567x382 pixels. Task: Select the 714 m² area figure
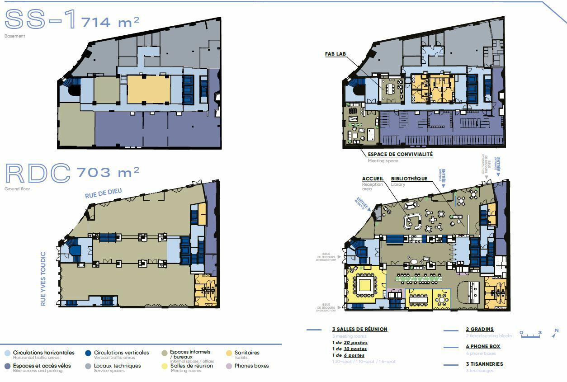tap(110, 21)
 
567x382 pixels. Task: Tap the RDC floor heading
tap(38, 172)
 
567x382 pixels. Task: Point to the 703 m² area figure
tap(108, 172)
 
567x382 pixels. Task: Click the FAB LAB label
tap(335, 54)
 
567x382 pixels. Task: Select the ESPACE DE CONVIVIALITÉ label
tap(400, 154)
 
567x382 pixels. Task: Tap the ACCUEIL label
tap(373, 179)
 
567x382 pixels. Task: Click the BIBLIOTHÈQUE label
tap(409, 179)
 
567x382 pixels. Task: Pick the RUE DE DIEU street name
tap(103, 193)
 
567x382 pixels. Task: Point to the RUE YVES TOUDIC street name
tap(43, 279)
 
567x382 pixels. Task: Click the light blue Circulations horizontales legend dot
tap(7, 353)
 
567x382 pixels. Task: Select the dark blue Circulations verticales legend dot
tap(88, 353)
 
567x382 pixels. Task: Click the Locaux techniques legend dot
tap(88, 366)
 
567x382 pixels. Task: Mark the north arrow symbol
tap(556, 334)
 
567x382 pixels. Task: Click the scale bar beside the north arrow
tap(530, 335)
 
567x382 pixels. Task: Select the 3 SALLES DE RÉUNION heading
tap(359, 329)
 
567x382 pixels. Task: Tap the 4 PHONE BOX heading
tap(483, 346)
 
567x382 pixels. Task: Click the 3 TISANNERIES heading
tap(484, 364)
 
